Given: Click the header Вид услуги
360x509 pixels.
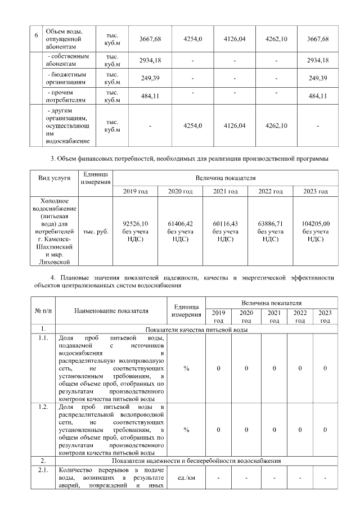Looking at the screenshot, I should click(55, 178).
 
